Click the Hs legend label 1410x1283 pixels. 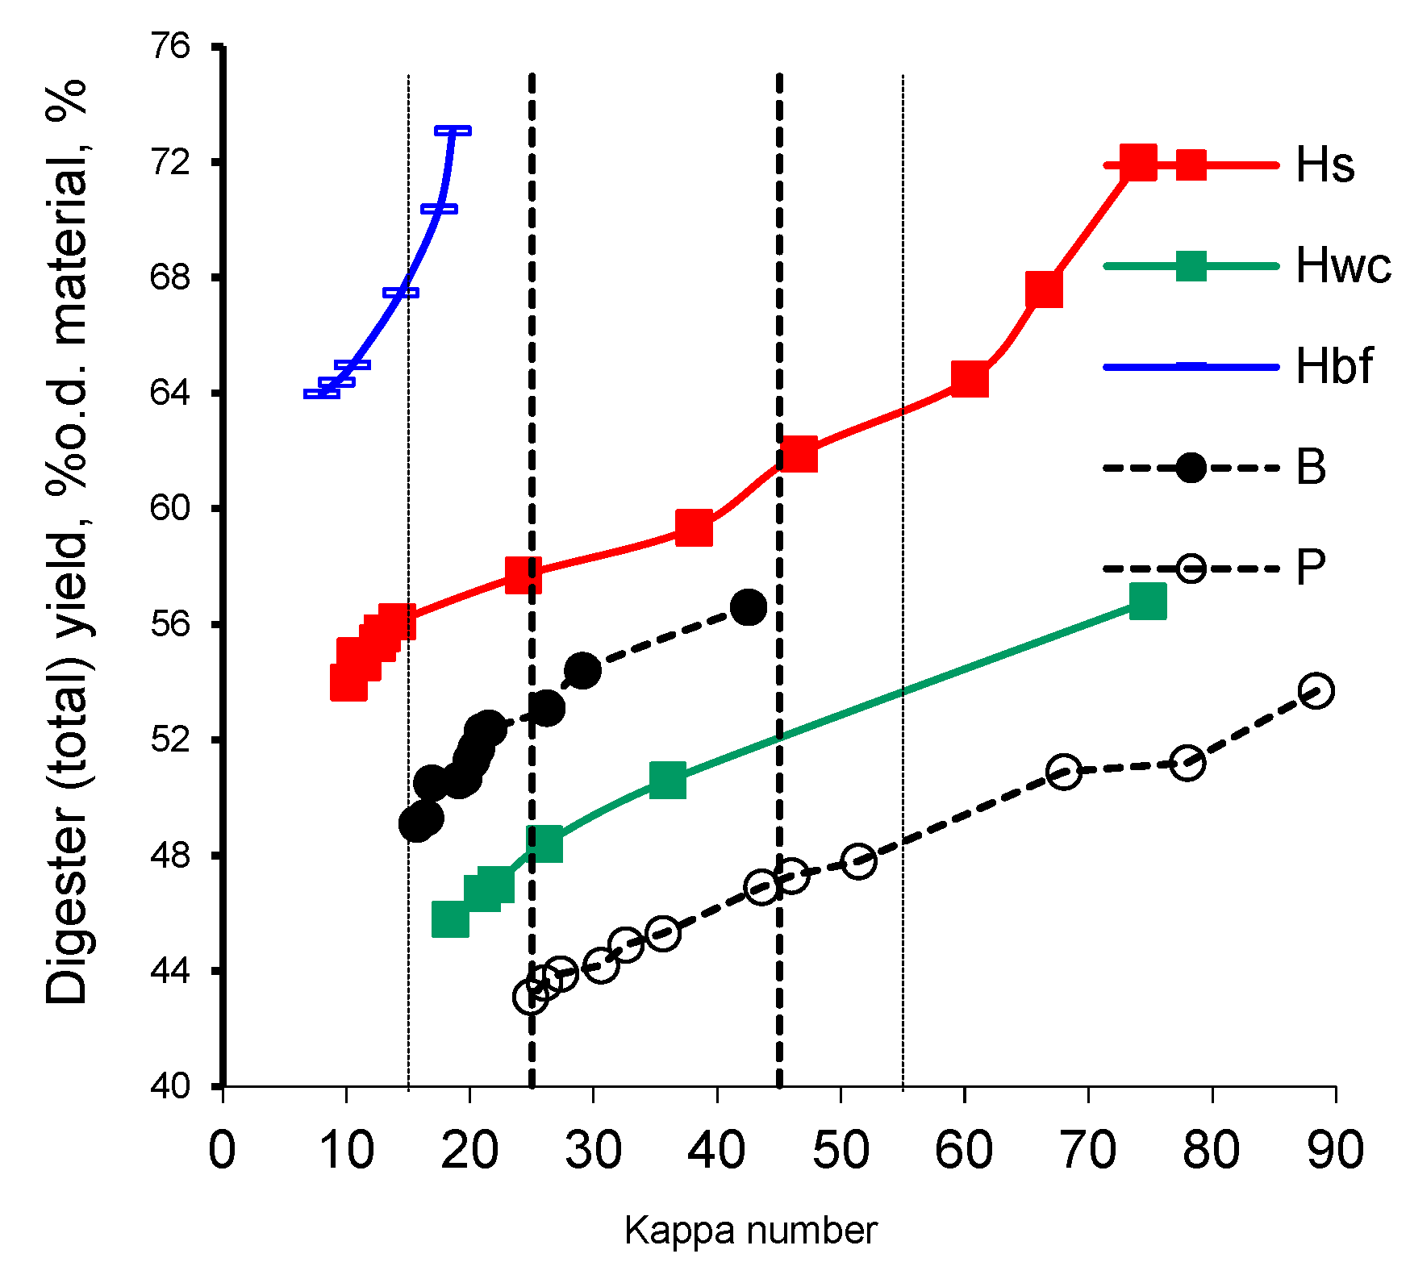click(1324, 165)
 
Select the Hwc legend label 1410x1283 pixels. click(1342, 265)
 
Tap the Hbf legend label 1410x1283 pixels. click(1333, 366)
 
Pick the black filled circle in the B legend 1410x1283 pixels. click(1191, 468)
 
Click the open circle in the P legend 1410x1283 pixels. click(1191, 568)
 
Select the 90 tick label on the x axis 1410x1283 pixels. click(1335, 1151)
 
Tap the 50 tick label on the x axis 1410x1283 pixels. click(841, 1151)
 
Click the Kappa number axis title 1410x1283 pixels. click(750, 1231)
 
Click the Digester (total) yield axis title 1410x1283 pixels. click(68, 540)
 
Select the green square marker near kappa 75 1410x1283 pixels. click(1147, 602)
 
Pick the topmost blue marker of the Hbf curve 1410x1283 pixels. click(453, 131)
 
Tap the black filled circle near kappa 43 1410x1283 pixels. click(749, 607)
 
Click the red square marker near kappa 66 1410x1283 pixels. click(1044, 290)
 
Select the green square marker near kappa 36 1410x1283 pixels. click(667, 780)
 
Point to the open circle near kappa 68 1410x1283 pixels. click(1064, 772)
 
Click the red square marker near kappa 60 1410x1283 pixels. click(970, 379)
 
